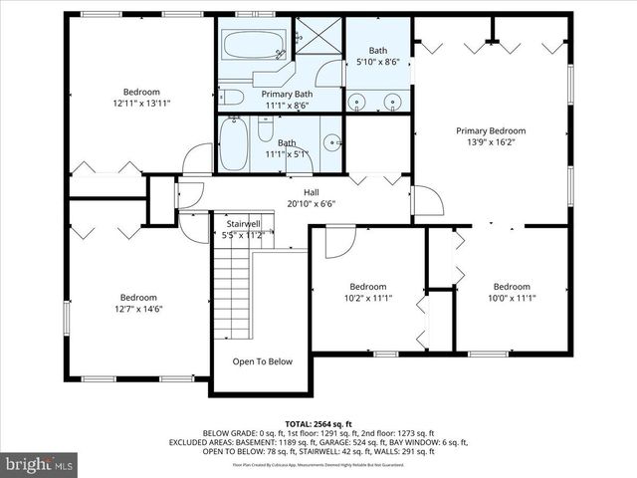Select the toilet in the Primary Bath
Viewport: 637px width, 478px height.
point(230,97)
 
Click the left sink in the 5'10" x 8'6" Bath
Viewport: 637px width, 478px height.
point(357,100)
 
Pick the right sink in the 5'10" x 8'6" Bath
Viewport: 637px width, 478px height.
point(393,100)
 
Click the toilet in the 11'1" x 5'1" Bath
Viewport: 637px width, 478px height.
point(266,129)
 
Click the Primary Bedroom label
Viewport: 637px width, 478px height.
point(491,130)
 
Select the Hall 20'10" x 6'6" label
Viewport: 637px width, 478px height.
point(311,197)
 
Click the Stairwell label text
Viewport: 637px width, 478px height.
point(243,224)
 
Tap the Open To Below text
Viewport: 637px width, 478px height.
point(263,361)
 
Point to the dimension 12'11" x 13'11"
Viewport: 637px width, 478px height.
point(142,104)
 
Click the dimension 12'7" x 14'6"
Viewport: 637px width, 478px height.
point(139,309)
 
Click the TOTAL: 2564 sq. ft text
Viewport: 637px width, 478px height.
point(318,424)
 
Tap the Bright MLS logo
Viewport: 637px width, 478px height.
point(40,464)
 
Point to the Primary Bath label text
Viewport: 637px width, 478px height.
point(288,94)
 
